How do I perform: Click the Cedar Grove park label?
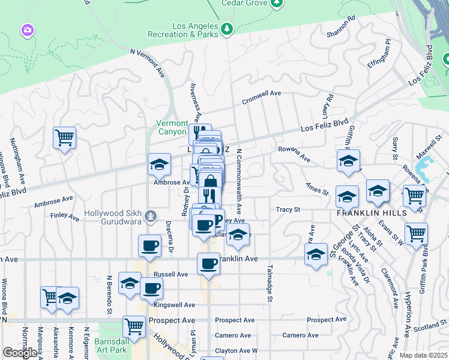tap(244, 3)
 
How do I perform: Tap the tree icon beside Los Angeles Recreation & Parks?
tap(226, 29)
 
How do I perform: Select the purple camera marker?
tap(27, 29)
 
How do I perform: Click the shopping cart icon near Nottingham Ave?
tap(64, 137)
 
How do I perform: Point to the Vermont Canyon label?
tap(172, 127)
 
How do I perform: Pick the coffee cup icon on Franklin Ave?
tap(209, 263)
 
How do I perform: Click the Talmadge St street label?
tap(270, 283)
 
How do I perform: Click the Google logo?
tap(20, 353)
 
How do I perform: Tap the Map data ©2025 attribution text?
tap(423, 355)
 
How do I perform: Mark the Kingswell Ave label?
tap(175, 305)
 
